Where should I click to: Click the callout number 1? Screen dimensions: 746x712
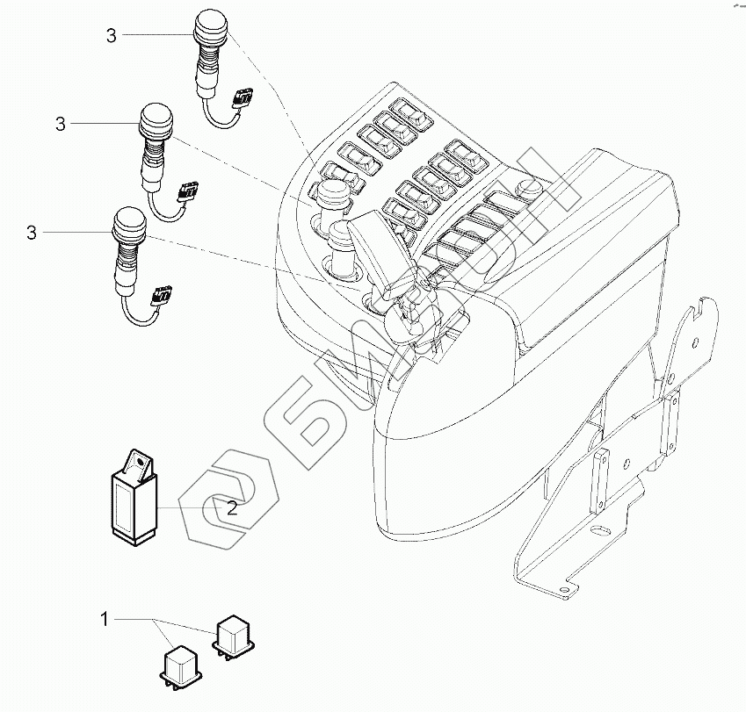point(104,620)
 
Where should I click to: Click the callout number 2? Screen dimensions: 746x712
point(232,507)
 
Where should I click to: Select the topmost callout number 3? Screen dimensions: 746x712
point(111,35)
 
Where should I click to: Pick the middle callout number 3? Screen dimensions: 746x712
point(60,125)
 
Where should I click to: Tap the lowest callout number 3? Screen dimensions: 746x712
point(32,233)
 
